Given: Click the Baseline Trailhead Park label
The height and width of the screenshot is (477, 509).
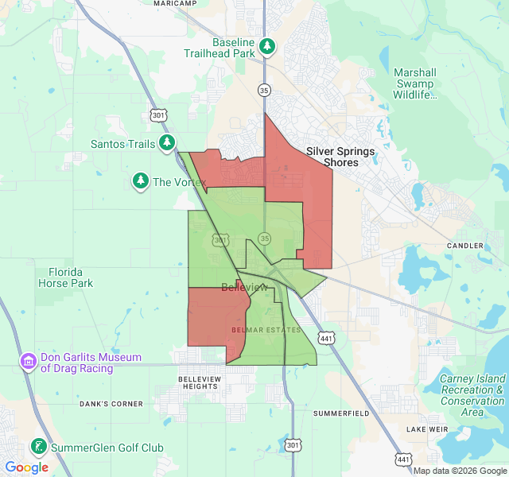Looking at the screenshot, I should [233, 48].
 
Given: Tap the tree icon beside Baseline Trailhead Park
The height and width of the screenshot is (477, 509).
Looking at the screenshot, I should [268, 47].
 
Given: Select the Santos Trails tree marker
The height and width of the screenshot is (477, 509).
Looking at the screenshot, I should [166, 143].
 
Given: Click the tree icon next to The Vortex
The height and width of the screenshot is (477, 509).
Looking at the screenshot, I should [141, 182].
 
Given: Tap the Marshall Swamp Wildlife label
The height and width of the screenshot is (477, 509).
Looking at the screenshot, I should [414, 83].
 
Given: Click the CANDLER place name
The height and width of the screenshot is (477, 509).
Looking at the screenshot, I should [465, 246].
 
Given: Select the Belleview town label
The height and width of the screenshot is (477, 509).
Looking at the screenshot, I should [244, 287].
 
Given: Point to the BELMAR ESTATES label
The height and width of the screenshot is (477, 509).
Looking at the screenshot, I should [266, 329].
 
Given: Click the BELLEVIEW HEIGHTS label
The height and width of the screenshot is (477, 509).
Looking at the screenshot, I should [198, 382].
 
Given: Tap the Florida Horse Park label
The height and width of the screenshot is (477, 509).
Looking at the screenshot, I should [65, 277].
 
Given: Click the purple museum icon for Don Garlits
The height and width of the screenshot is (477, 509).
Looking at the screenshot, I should [29, 363].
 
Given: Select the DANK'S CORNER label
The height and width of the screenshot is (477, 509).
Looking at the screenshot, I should [111, 404].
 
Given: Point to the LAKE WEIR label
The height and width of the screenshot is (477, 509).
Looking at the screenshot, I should [421, 429].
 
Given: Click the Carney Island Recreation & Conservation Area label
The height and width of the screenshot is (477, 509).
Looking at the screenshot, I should [472, 395].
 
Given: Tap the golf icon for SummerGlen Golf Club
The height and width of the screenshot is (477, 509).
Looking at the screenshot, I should [37, 448].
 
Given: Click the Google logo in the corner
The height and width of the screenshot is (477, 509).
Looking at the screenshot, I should [26, 467].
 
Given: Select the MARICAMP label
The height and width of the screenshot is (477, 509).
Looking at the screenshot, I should [175, 3].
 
